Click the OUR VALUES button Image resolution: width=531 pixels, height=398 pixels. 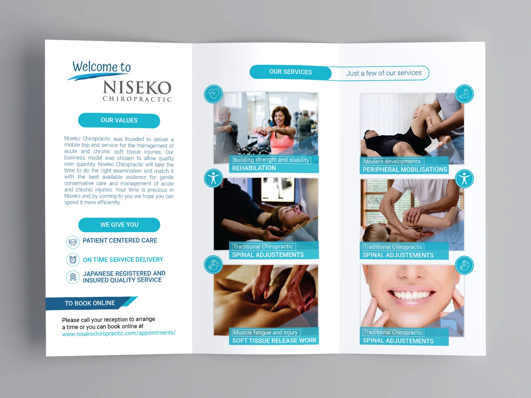coord(119,120)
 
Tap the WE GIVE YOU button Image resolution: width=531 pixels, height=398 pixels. coord(119,225)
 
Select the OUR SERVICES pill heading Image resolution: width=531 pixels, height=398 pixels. coord(290,72)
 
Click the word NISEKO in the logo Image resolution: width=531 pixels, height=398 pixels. coord(137,88)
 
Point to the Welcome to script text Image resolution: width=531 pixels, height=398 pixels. coord(102,67)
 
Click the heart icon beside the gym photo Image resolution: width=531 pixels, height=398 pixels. coord(213,94)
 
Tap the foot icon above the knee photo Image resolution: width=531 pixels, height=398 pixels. coord(464,94)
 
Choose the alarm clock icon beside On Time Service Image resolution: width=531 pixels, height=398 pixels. coord(73,259)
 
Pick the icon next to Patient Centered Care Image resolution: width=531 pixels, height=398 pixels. coord(73,242)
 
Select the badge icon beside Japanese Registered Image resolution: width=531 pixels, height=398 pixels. coord(73,277)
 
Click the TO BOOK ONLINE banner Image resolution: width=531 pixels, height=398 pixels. coord(90,303)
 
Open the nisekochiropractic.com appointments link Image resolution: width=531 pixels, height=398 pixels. coord(119,333)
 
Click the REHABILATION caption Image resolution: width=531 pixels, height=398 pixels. coord(254,168)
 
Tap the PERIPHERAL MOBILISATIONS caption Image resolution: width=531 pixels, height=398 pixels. coord(405,169)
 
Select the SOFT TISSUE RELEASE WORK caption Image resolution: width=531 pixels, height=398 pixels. coord(274,341)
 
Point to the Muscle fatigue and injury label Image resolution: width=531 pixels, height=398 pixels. coord(265,332)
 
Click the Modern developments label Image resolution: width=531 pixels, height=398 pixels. coord(392,162)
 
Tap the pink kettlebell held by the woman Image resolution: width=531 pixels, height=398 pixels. coord(262,139)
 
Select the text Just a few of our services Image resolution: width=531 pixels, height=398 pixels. coord(384,73)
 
